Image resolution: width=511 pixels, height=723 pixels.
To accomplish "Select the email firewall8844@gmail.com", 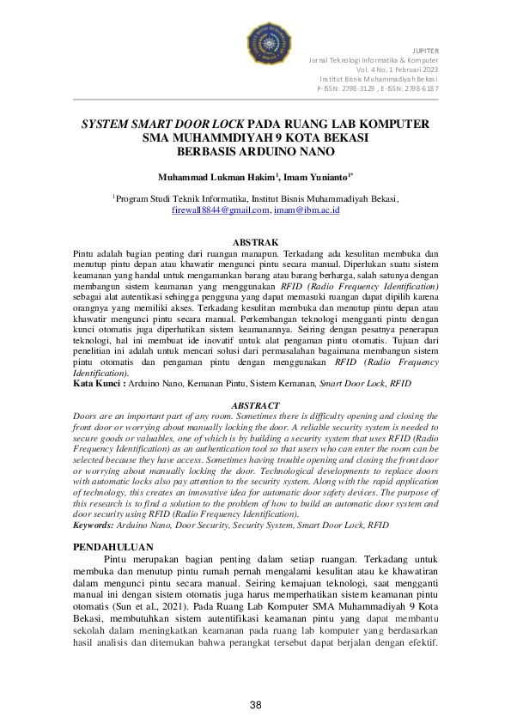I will click(x=221, y=209).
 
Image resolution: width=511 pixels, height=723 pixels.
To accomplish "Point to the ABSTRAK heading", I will click(x=255, y=243).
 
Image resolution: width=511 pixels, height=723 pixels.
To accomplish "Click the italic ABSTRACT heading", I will click(x=255, y=405).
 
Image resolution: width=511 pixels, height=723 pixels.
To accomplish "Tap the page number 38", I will click(x=255, y=705).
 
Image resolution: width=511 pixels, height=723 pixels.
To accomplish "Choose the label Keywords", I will click(x=93, y=524).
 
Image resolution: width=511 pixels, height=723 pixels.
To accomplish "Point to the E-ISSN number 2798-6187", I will click(x=420, y=88).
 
